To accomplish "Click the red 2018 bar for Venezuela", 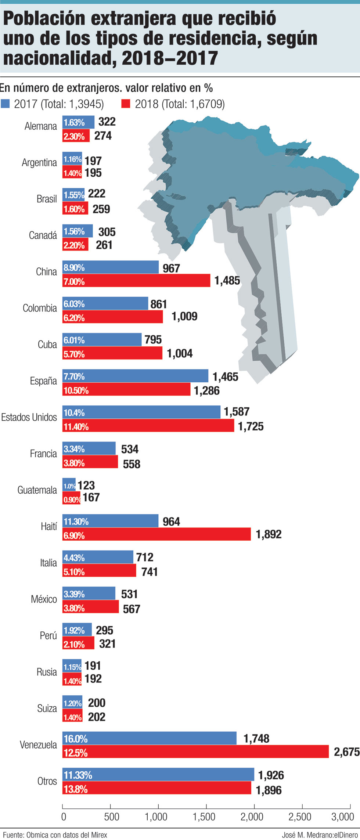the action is [x=195, y=751].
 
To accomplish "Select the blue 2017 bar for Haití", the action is [x=110, y=521].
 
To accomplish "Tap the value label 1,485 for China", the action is [x=227, y=281].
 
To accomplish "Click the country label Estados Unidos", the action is [x=29, y=417].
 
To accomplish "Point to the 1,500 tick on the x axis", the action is [x=204, y=816].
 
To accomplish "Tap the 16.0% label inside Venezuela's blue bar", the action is [x=76, y=738].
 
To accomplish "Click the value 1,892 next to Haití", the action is [x=269, y=534].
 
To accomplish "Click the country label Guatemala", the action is [x=37, y=490].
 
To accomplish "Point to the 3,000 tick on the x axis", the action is [x=343, y=816].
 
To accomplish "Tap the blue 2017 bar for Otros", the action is [x=158, y=774].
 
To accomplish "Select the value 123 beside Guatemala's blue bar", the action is [x=86, y=485].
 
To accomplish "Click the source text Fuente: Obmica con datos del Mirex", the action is [x=55, y=835].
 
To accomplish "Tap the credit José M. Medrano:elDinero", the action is [x=320, y=835].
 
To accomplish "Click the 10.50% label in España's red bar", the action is [x=76, y=390].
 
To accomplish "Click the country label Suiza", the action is [x=47, y=708].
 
